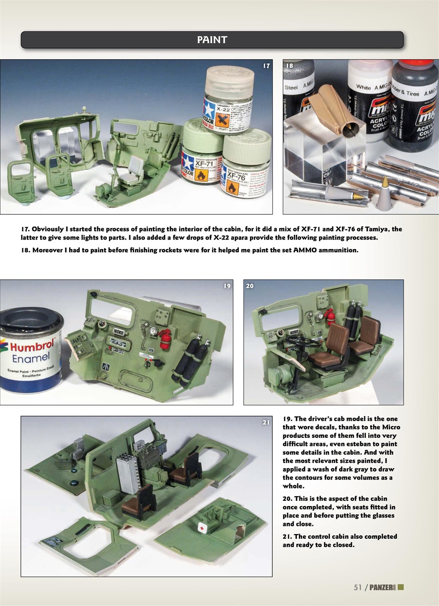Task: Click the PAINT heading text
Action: [212, 40]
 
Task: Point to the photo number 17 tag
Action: [267, 66]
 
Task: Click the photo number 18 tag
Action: [290, 66]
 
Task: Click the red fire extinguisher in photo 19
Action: [165, 339]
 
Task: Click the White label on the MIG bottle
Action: [364, 87]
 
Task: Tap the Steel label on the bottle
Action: [291, 87]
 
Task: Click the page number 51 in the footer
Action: [358, 588]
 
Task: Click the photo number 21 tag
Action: [266, 423]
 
